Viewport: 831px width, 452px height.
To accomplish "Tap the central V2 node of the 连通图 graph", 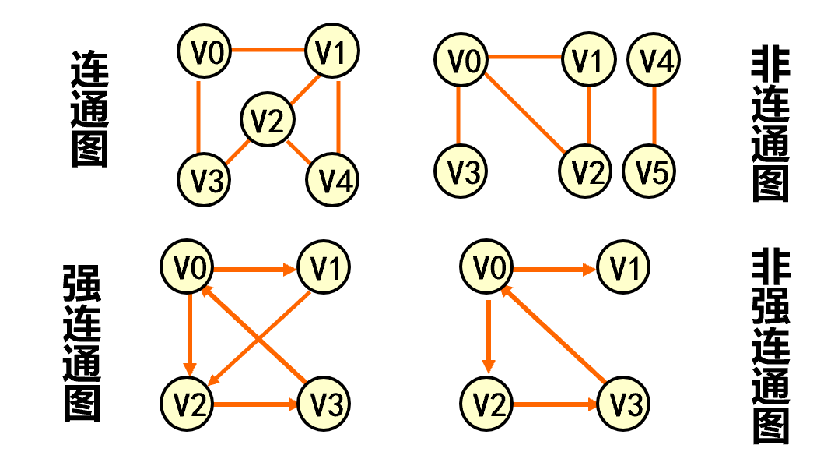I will pyautogui.click(x=268, y=121).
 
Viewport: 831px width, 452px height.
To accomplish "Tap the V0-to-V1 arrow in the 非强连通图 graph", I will pyautogui.click(x=552, y=270).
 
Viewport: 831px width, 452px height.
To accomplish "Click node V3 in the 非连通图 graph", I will pyautogui.click(x=460, y=171).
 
